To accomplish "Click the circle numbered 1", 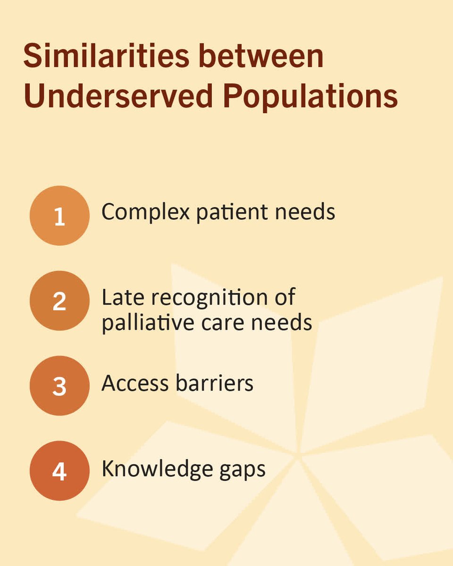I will [59, 216].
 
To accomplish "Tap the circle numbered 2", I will [59, 300].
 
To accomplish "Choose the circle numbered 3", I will [59, 385].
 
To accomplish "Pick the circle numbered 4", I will [59, 470].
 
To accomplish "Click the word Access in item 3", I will [135, 384].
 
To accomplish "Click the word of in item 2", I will [284, 297].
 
